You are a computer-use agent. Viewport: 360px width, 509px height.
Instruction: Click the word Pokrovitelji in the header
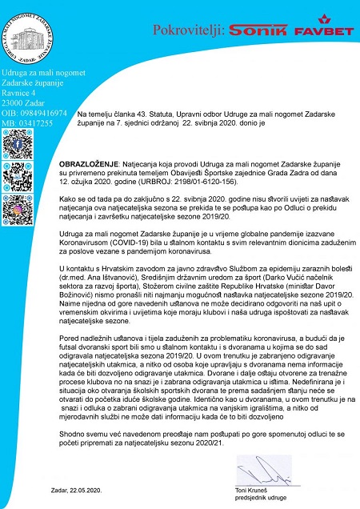[x=186, y=30]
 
